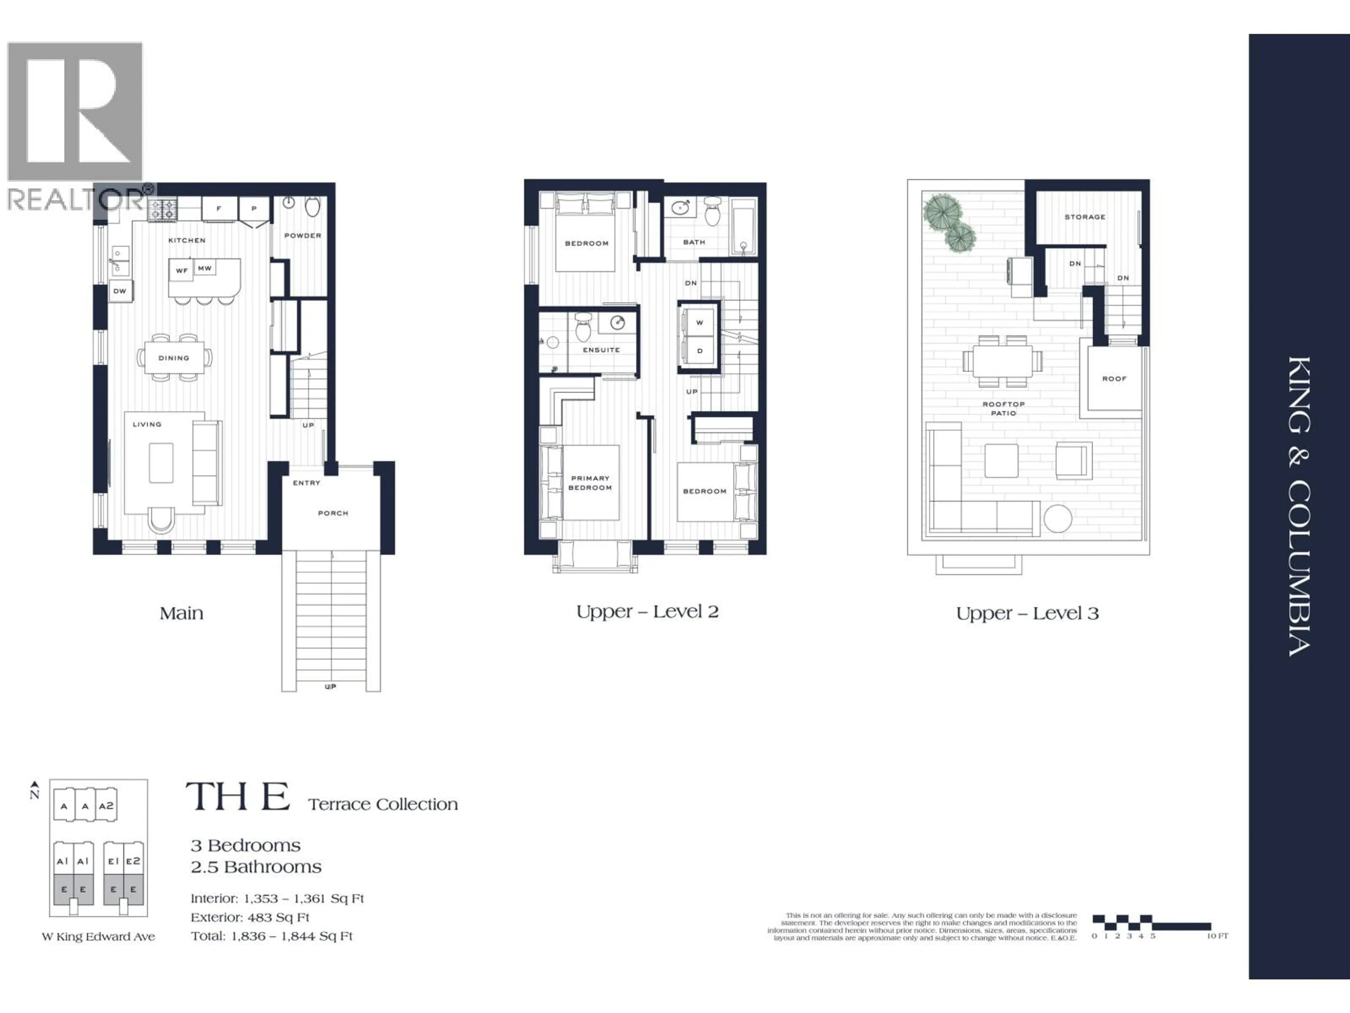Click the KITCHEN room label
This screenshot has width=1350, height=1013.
(187, 240)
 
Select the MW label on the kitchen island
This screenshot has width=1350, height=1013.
(205, 268)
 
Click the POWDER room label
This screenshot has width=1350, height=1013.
(303, 235)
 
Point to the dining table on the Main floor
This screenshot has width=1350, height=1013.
(174, 358)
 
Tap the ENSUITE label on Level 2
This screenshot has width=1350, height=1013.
(601, 350)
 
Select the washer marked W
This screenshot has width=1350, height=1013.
(699, 323)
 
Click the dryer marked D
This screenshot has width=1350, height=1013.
(699, 351)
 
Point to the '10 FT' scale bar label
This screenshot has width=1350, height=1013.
(1217, 936)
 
